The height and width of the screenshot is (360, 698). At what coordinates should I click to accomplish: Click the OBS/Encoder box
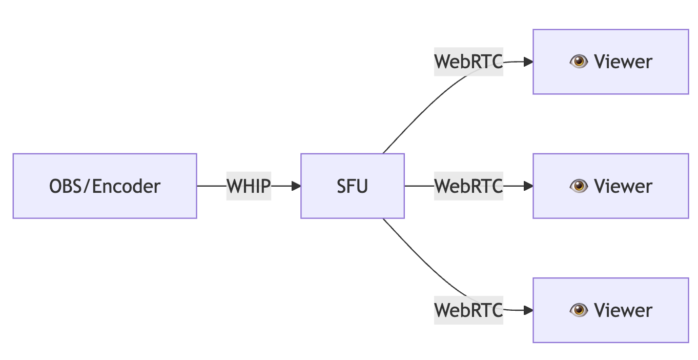(105, 186)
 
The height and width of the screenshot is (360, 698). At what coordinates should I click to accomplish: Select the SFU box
(352, 186)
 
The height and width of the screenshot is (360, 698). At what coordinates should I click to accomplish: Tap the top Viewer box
(610, 62)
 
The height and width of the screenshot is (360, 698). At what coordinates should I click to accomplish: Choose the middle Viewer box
(610, 186)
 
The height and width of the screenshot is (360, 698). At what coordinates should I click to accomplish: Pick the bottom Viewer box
(610, 310)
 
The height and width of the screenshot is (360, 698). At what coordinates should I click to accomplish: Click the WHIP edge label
(249, 186)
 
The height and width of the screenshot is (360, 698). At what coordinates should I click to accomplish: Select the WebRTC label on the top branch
(468, 62)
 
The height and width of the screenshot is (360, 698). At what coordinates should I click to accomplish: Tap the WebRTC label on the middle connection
(468, 186)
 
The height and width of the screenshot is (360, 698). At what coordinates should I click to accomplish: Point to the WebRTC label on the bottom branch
(468, 310)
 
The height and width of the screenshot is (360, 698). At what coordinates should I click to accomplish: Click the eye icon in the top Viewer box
(579, 62)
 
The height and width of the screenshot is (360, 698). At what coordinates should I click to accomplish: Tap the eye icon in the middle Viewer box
(579, 186)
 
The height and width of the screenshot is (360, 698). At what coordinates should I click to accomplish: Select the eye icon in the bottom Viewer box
(579, 310)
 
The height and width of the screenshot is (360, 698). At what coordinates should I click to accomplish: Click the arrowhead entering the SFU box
(296, 186)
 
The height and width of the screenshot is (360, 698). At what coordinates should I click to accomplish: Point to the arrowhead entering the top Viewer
(528, 62)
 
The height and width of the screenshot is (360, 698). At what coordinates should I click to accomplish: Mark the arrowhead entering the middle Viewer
(528, 186)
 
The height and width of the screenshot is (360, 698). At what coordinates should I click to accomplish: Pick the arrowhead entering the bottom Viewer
(528, 310)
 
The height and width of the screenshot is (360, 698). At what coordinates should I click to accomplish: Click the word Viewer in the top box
(623, 62)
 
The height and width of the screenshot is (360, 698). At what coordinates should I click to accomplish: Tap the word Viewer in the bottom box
(623, 310)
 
